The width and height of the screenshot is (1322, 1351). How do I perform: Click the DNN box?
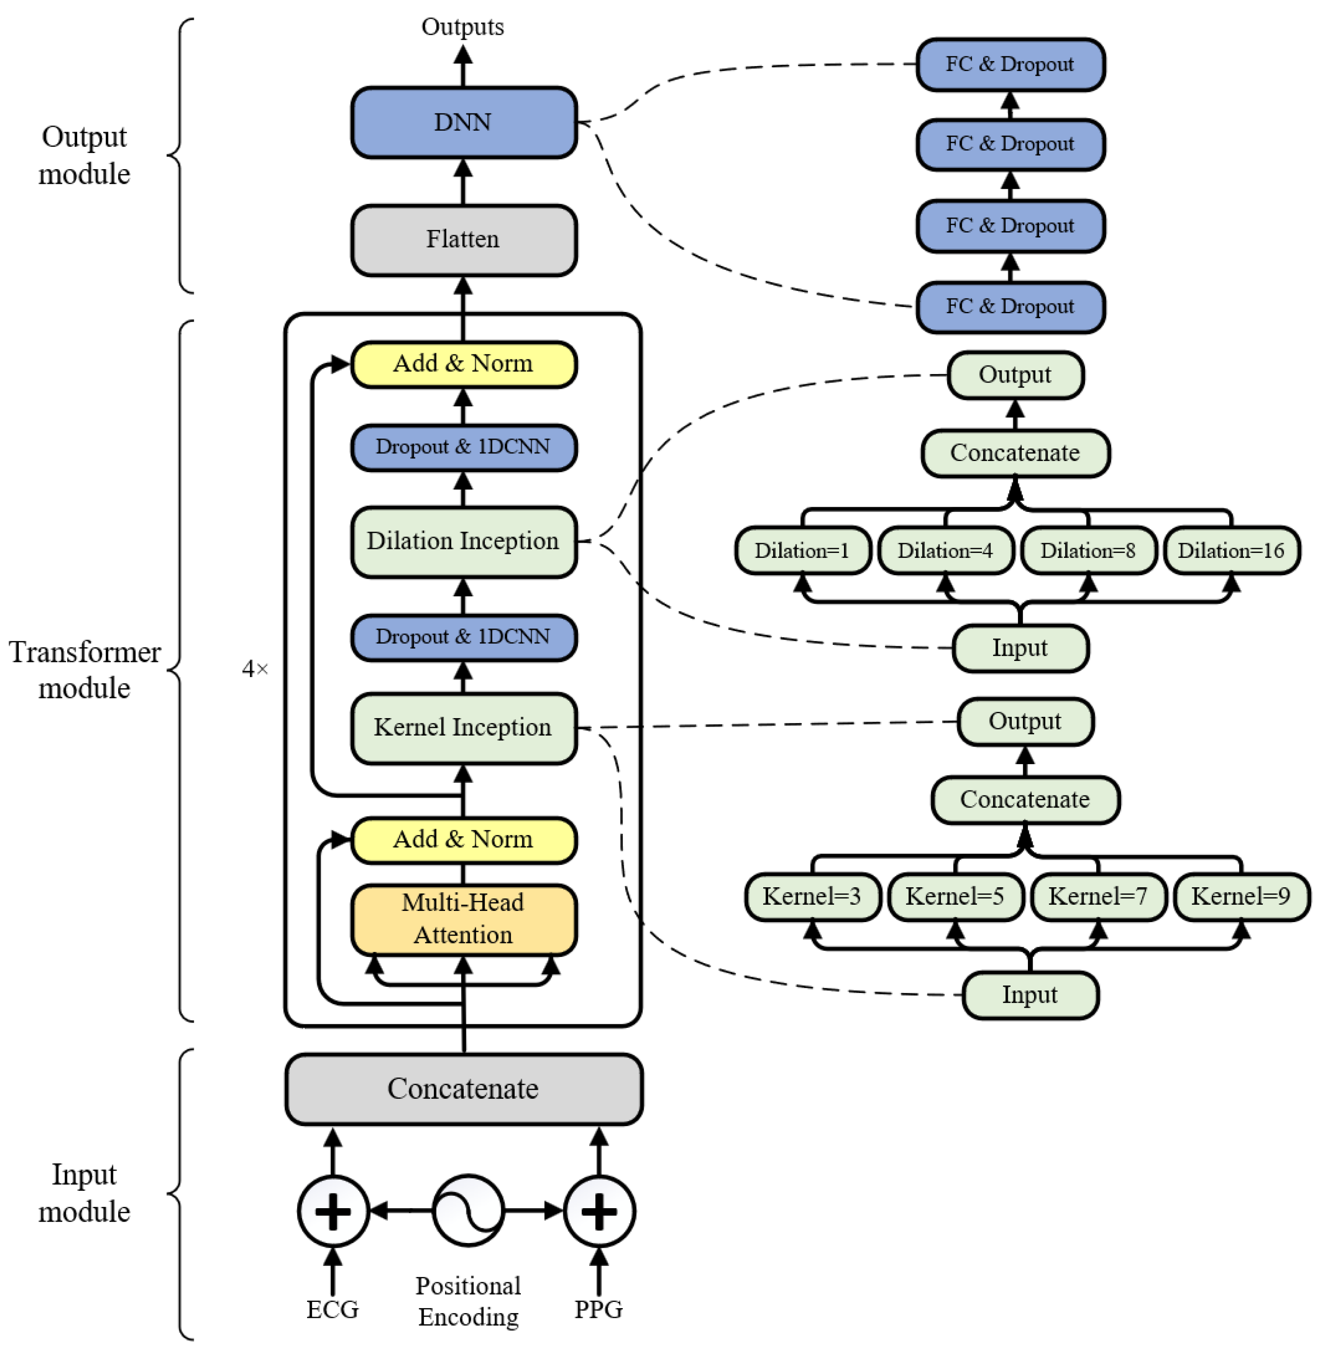click(463, 122)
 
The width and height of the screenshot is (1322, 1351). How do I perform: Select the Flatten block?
click(463, 240)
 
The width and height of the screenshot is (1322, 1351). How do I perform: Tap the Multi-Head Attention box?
click(463, 919)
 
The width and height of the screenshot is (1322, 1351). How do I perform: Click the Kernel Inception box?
click(463, 727)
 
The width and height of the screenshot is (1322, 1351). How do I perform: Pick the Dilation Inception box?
click(463, 541)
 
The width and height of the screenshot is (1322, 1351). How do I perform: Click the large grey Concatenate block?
click(463, 1089)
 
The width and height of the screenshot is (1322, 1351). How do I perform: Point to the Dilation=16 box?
click(1231, 551)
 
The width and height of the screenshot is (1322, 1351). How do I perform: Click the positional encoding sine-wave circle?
click(468, 1211)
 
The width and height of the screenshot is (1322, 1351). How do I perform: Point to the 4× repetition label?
click(255, 669)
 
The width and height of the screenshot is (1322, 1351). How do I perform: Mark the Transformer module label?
click(84, 670)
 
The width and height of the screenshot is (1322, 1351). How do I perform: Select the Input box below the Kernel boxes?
click(1030, 995)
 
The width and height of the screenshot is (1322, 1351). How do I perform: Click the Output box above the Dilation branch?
click(1014, 375)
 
